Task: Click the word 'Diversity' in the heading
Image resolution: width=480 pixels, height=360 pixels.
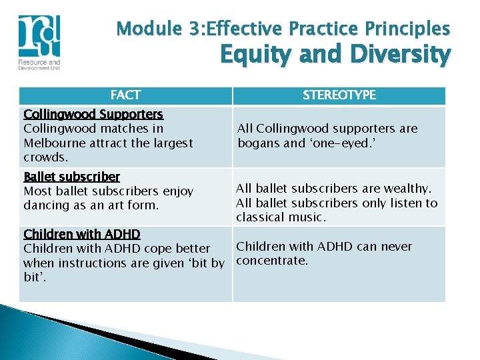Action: (x=389, y=55)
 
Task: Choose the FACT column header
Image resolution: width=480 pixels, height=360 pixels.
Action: (x=125, y=95)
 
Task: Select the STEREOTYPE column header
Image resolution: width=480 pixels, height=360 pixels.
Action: (x=339, y=95)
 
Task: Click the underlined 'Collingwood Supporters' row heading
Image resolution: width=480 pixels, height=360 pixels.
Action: (x=93, y=115)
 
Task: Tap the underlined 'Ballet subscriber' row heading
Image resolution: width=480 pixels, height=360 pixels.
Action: (x=71, y=177)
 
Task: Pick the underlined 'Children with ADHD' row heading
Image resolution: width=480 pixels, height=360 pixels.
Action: (x=81, y=234)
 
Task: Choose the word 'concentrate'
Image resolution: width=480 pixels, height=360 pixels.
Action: (x=271, y=261)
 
